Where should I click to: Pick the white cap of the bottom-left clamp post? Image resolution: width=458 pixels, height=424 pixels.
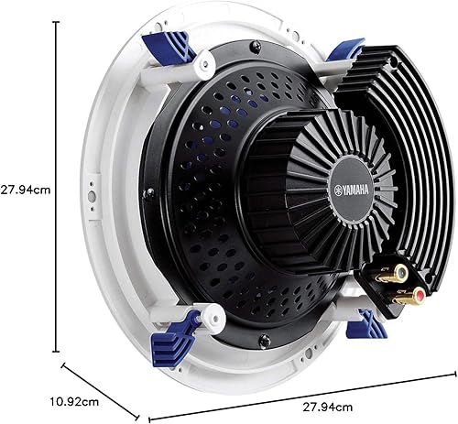pyautogui.click(x=213, y=320)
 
